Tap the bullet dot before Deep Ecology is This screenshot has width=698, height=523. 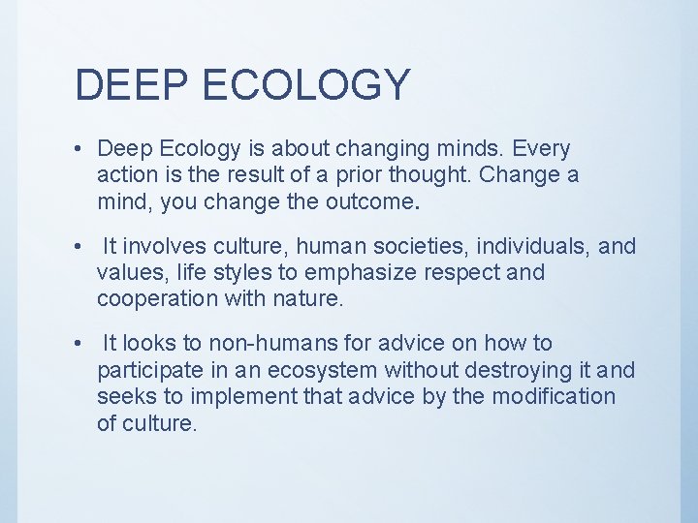[x=77, y=150]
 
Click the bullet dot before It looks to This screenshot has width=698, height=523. [x=77, y=344]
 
